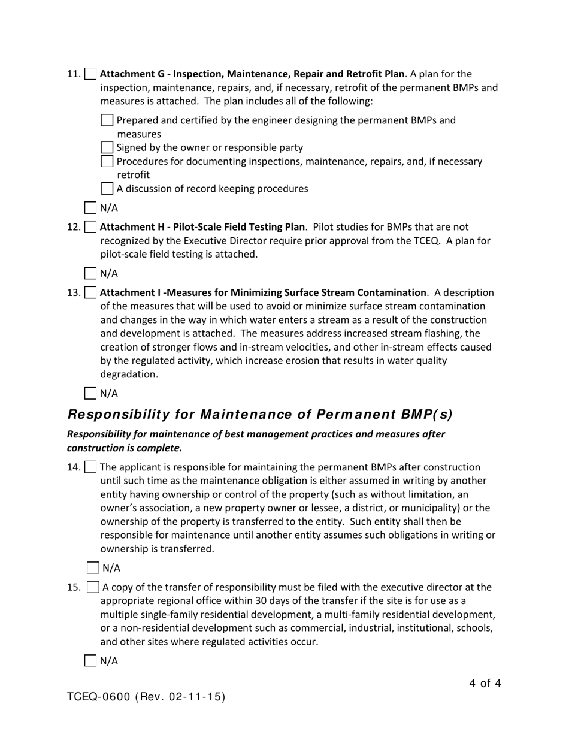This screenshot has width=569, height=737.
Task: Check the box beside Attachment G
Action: (90, 74)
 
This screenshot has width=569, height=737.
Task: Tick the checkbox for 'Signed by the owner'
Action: (107, 147)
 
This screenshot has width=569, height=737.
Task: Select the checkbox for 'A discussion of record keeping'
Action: (107, 189)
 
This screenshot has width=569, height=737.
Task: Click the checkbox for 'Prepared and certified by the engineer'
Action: (107, 120)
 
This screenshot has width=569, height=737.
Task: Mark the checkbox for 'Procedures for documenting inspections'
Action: (107, 161)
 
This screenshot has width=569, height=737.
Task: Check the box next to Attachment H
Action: (90, 227)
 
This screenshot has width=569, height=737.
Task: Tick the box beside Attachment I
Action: (90, 293)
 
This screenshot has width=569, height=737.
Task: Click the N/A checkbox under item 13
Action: (90, 394)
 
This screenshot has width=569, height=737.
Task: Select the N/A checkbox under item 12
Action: (90, 274)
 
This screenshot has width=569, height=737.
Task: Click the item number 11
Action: (73, 74)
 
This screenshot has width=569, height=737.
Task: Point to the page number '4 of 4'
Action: (485, 683)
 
